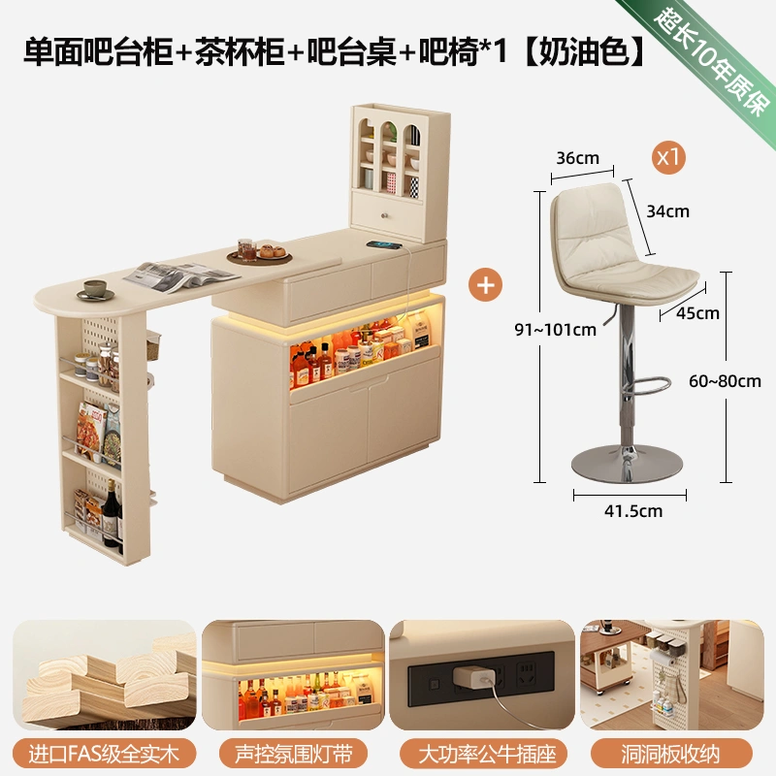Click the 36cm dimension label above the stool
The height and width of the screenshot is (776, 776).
tap(577, 158)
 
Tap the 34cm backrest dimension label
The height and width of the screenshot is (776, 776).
tap(667, 211)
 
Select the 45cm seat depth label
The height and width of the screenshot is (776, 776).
tap(697, 312)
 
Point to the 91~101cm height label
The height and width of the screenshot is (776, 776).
tap(555, 330)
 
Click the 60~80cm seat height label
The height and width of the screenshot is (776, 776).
tap(725, 381)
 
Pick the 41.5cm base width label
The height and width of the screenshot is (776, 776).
tap(633, 511)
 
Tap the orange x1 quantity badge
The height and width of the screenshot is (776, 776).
tap(668, 157)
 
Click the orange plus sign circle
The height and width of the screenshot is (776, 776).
tap(485, 285)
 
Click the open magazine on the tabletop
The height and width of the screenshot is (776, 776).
tap(180, 276)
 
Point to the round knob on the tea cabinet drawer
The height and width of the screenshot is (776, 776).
tap(384, 215)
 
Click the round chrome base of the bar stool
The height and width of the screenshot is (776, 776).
tap(627, 465)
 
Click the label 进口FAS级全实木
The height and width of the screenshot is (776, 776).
tap(104, 754)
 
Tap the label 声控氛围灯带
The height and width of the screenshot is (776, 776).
tap(293, 754)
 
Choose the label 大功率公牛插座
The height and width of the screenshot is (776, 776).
tap(487, 754)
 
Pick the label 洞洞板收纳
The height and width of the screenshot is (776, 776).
tap(670, 754)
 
